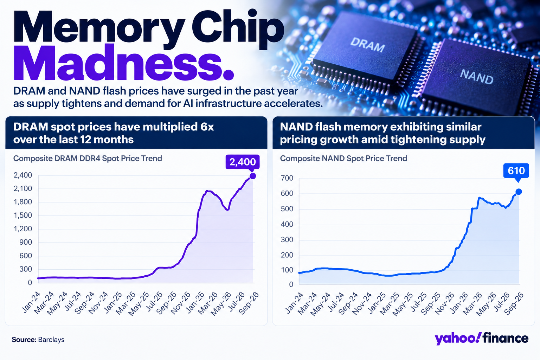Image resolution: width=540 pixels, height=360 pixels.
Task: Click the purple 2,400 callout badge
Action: (x=243, y=162)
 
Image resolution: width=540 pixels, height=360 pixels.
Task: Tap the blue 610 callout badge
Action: (x=516, y=171)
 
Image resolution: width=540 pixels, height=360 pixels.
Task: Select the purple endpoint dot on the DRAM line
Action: (x=253, y=176)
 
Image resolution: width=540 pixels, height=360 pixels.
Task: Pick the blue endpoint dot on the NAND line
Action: (x=519, y=192)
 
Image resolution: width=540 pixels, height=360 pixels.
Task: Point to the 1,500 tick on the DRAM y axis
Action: (x=23, y=215)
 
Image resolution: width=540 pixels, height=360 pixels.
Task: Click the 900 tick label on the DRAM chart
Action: (x=26, y=242)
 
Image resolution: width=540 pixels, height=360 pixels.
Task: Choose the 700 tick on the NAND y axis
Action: (x=287, y=178)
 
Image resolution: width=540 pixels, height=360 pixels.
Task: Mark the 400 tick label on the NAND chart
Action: (x=287, y=225)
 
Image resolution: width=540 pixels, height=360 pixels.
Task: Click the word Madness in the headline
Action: (x=124, y=63)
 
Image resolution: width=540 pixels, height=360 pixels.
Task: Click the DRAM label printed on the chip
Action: (x=367, y=45)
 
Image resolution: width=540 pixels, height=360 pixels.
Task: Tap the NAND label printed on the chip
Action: (x=477, y=77)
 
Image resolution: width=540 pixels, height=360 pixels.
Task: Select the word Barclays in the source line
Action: (x=51, y=340)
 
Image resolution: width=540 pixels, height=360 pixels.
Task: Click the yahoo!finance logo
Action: (x=481, y=338)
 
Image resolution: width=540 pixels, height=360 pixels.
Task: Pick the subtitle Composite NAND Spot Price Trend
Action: (x=343, y=159)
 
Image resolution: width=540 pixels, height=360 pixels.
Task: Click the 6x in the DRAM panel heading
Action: (x=207, y=127)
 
